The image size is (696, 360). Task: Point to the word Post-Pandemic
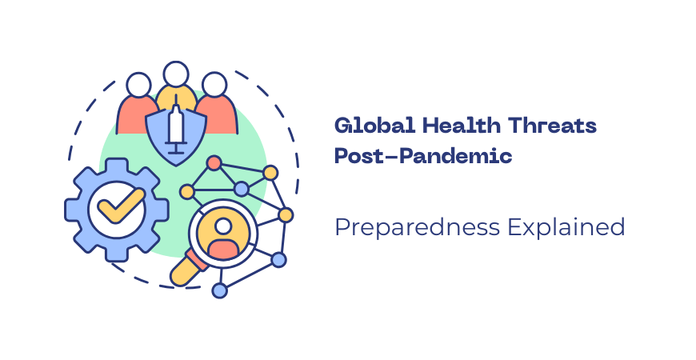[x=423, y=156]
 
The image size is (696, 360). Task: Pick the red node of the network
[x=214, y=163]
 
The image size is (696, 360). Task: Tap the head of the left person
[x=138, y=85]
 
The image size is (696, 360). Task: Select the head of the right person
[x=214, y=85]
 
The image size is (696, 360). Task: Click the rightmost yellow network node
[x=286, y=214]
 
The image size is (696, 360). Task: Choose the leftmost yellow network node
[x=186, y=192]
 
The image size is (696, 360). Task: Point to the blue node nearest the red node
[x=241, y=189]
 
